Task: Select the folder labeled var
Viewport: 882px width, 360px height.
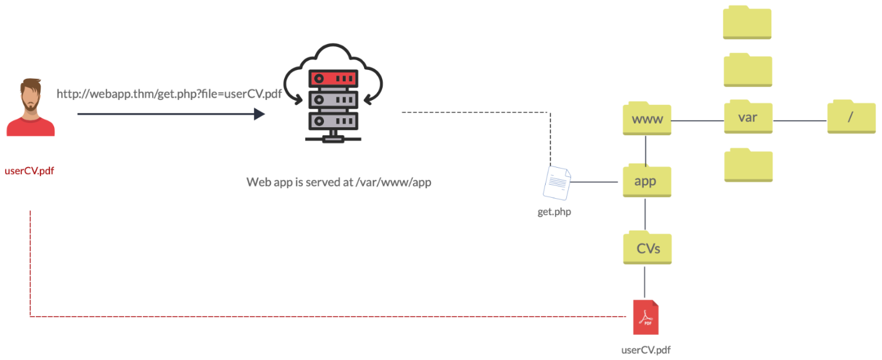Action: (x=747, y=116)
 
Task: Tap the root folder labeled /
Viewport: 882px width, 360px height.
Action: (x=850, y=116)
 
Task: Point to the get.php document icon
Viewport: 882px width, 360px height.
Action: (x=557, y=183)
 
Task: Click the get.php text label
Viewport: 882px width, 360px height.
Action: (x=554, y=212)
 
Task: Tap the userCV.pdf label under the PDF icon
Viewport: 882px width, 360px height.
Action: (x=646, y=350)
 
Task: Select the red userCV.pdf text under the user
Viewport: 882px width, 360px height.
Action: (x=29, y=171)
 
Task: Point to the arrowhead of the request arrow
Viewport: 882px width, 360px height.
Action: (x=259, y=114)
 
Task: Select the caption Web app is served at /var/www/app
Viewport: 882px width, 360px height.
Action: (x=339, y=182)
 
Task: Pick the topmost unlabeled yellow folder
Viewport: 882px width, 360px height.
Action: (x=747, y=23)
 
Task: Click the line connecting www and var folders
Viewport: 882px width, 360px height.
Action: (x=697, y=121)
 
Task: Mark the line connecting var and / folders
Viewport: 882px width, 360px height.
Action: (x=799, y=121)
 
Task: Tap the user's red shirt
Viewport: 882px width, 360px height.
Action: (x=31, y=126)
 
